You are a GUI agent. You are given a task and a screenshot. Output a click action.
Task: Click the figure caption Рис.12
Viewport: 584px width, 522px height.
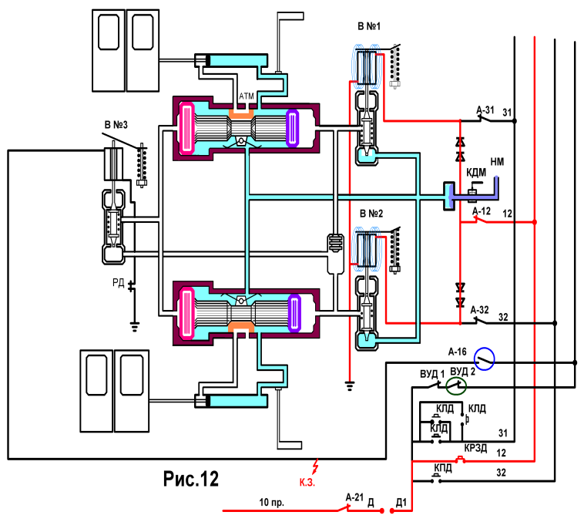[x=191, y=479]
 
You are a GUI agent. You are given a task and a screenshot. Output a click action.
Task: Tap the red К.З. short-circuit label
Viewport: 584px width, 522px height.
[x=307, y=482]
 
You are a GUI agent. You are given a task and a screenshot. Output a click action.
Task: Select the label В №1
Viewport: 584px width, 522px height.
[x=369, y=26]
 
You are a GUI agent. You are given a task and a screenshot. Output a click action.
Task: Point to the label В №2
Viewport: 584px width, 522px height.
[x=371, y=214]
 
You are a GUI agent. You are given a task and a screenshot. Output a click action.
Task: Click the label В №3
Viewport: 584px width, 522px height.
[x=116, y=125]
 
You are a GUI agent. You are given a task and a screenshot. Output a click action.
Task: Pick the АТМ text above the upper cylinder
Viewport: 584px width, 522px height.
[x=247, y=96]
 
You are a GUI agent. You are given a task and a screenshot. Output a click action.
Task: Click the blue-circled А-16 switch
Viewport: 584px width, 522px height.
[x=484, y=359]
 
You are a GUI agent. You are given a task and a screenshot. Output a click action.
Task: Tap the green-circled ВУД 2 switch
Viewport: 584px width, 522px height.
[x=456, y=386]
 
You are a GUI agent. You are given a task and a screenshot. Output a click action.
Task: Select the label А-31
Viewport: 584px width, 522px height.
[x=485, y=110]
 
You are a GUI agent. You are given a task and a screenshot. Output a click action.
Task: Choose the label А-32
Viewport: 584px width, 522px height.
[x=480, y=310]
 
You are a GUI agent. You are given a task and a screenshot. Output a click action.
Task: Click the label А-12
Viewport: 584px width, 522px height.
[x=482, y=211]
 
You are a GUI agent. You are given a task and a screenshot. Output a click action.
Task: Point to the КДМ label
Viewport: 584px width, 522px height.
[x=476, y=172]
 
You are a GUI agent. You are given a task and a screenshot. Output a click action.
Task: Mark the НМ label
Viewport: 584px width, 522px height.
[x=497, y=161]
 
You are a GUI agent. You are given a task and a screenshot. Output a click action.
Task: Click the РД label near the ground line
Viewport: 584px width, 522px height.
[x=119, y=283]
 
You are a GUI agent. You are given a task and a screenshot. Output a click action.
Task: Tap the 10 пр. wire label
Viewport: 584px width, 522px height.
[x=271, y=502]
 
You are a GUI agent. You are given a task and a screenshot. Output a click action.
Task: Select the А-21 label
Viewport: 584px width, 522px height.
[x=354, y=497]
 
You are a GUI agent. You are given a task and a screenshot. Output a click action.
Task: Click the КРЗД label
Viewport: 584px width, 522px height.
[x=475, y=448]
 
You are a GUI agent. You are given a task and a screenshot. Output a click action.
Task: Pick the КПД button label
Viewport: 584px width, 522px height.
[x=443, y=468]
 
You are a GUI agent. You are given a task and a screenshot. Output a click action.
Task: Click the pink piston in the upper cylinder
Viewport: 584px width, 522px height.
[x=186, y=128]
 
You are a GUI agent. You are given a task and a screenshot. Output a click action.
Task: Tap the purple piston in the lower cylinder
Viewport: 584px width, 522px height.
[x=294, y=313]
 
